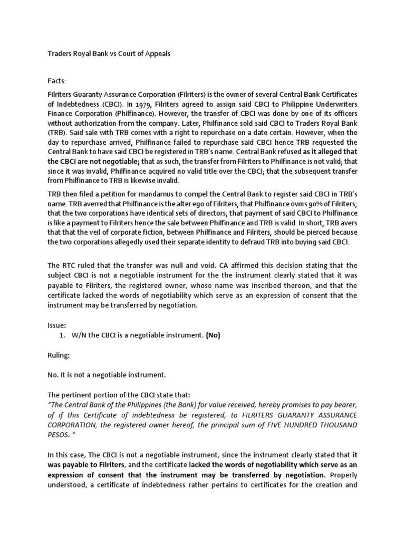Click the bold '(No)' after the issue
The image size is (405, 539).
213,336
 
